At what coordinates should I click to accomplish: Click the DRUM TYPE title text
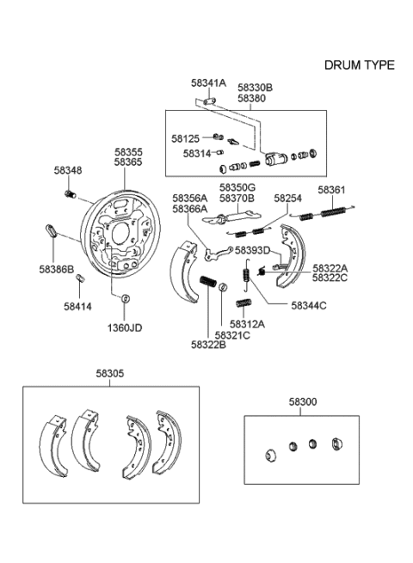pyautogui.click(x=359, y=65)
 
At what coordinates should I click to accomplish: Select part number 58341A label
pyautogui.click(x=207, y=83)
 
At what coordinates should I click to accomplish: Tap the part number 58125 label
pyautogui.click(x=185, y=138)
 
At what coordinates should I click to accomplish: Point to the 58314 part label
pyautogui.click(x=197, y=153)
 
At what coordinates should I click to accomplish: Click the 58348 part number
pyautogui.click(x=68, y=171)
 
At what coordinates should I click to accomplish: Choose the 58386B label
pyautogui.click(x=57, y=269)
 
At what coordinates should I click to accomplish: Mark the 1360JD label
pyautogui.click(x=125, y=327)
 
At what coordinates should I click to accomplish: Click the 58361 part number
pyautogui.click(x=332, y=189)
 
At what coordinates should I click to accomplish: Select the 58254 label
pyautogui.click(x=288, y=199)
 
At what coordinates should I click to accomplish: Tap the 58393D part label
pyautogui.click(x=252, y=250)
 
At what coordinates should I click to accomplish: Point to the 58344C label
pyautogui.click(x=308, y=304)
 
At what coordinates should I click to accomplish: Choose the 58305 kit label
pyautogui.click(x=109, y=374)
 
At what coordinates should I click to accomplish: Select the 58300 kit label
pyautogui.click(x=302, y=401)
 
